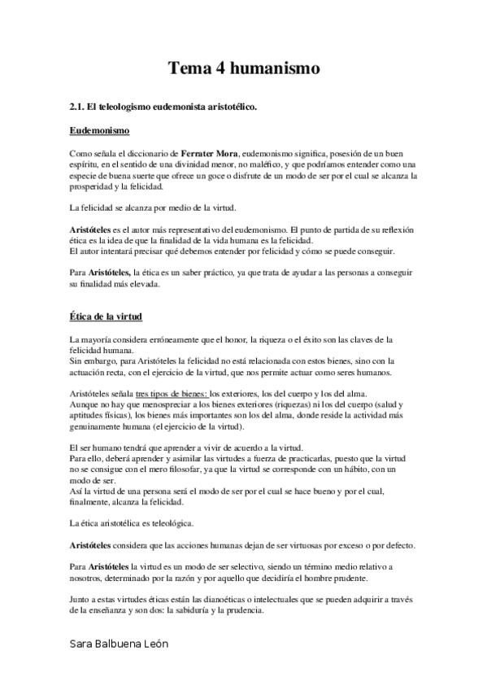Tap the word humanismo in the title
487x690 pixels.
[x=273, y=70]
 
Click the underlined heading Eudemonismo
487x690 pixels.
[x=101, y=130]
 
